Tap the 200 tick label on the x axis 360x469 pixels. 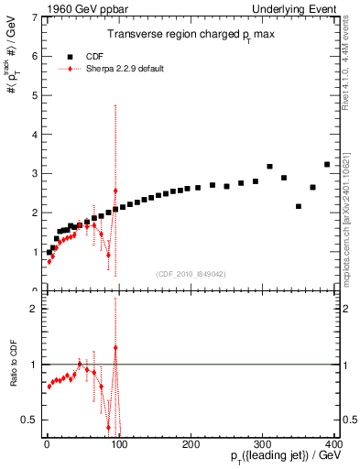tap(191, 442)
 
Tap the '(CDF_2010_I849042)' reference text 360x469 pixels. tap(190, 272)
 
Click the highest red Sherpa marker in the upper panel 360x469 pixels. tap(115, 191)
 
